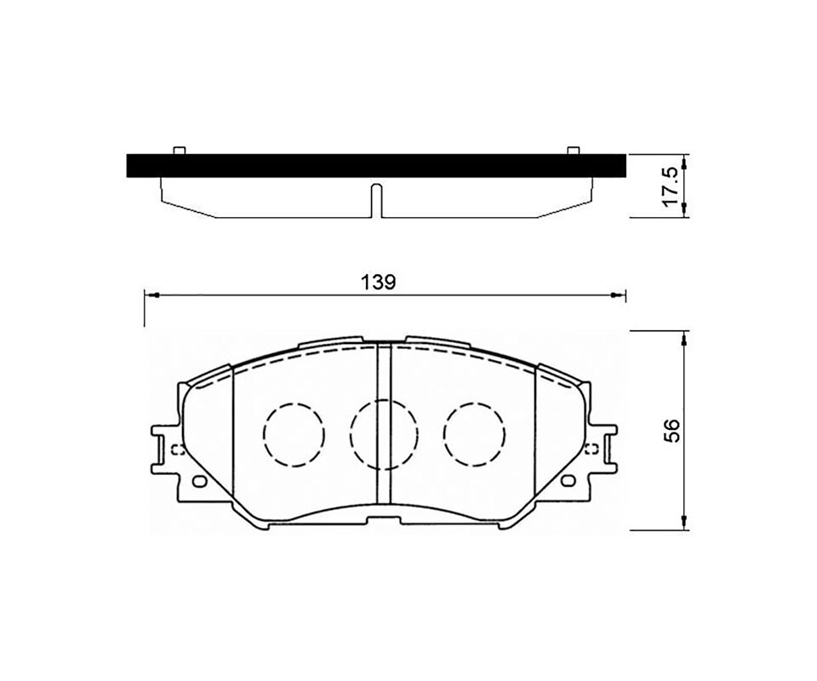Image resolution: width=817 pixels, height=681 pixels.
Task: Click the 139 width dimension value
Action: coord(379,282)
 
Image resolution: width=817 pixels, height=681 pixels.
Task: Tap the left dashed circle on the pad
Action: coord(294,435)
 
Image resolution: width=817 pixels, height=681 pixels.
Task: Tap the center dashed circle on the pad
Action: coord(385,434)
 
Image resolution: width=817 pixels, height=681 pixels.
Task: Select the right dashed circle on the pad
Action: coord(475,435)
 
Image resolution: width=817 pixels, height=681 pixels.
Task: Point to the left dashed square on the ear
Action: coord(177,449)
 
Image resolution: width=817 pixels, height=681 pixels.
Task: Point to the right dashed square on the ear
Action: coord(591,449)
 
